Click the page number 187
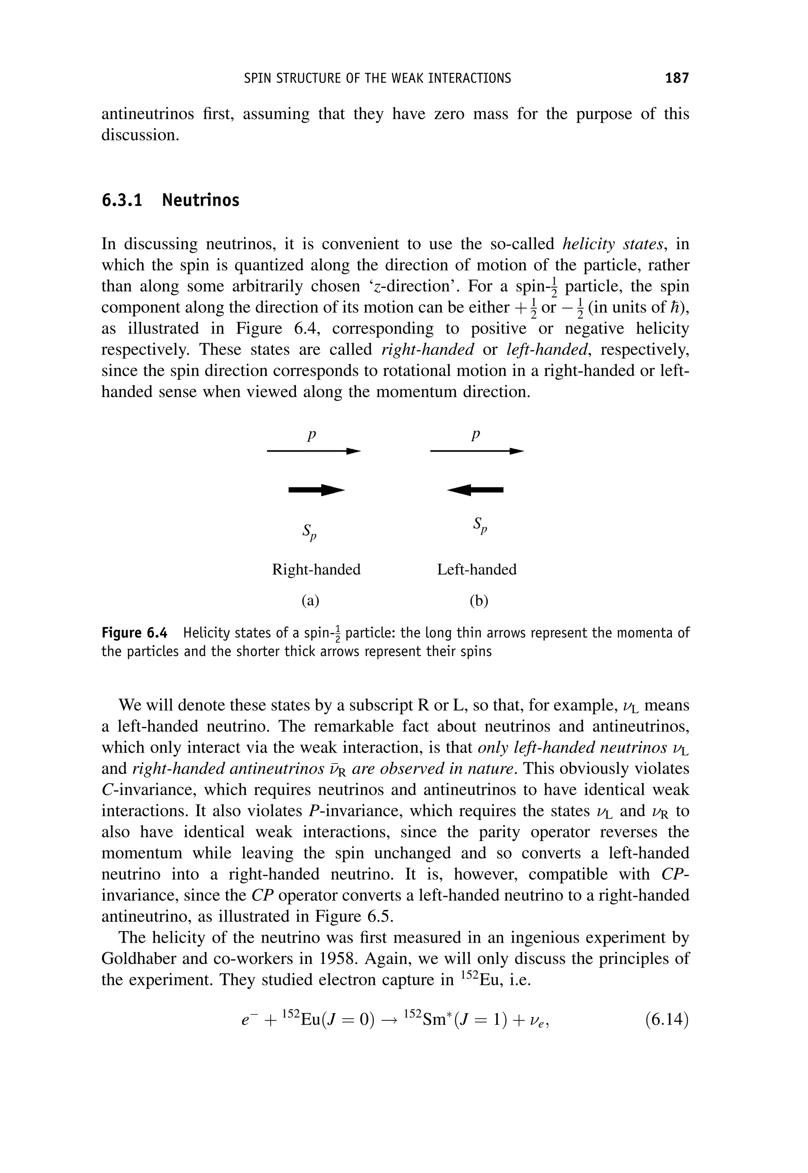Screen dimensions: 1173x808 pos(677,78)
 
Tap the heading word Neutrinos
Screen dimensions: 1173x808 pos(200,200)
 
